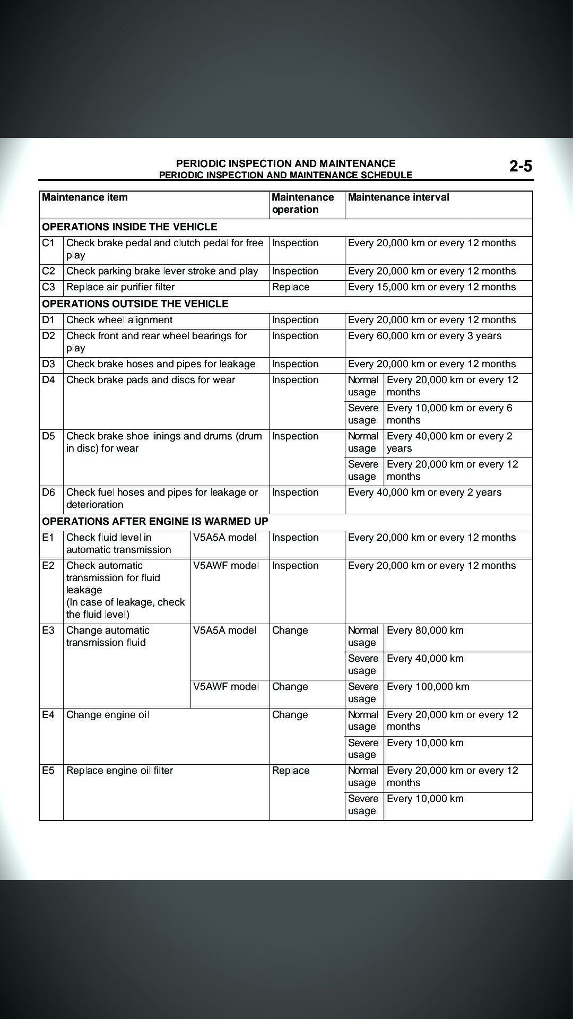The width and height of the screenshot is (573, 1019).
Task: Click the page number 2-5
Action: (520, 167)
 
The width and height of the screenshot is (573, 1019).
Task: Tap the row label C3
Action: (48, 287)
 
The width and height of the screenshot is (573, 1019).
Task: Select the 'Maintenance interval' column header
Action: (398, 197)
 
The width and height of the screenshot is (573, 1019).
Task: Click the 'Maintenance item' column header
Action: (85, 197)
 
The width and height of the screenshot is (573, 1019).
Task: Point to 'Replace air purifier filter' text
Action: (120, 287)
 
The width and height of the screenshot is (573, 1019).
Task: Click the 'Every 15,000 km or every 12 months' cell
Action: (432, 287)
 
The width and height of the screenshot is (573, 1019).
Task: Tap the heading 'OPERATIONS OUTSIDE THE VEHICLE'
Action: (135, 304)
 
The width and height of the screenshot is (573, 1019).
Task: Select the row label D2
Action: (48, 336)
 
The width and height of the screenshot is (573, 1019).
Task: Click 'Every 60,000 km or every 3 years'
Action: (424, 336)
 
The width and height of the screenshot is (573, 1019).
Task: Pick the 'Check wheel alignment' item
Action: (119, 320)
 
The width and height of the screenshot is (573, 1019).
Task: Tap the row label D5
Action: (48, 436)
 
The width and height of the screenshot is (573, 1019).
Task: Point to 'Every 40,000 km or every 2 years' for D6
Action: (424, 493)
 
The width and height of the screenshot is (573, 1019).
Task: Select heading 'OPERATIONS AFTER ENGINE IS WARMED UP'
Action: (155, 522)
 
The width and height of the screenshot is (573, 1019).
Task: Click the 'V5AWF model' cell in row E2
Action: (226, 566)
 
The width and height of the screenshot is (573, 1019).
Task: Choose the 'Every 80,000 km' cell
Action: (425, 631)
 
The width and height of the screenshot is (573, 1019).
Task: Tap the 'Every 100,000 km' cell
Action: (428, 687)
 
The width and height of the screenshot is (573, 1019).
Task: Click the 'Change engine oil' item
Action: (108, 715)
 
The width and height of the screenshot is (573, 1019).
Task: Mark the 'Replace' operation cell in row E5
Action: (291, 771)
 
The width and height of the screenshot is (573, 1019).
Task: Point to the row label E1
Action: (48, 538)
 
